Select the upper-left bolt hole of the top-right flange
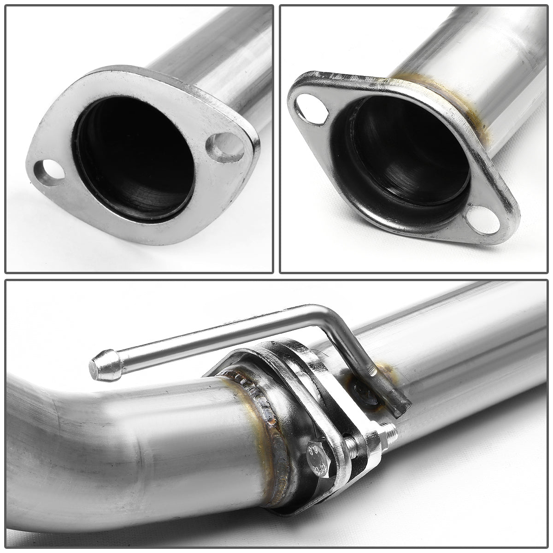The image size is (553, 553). [307, 106]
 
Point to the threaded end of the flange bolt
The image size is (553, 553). [389, 432]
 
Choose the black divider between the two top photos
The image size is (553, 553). [276, 138]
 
